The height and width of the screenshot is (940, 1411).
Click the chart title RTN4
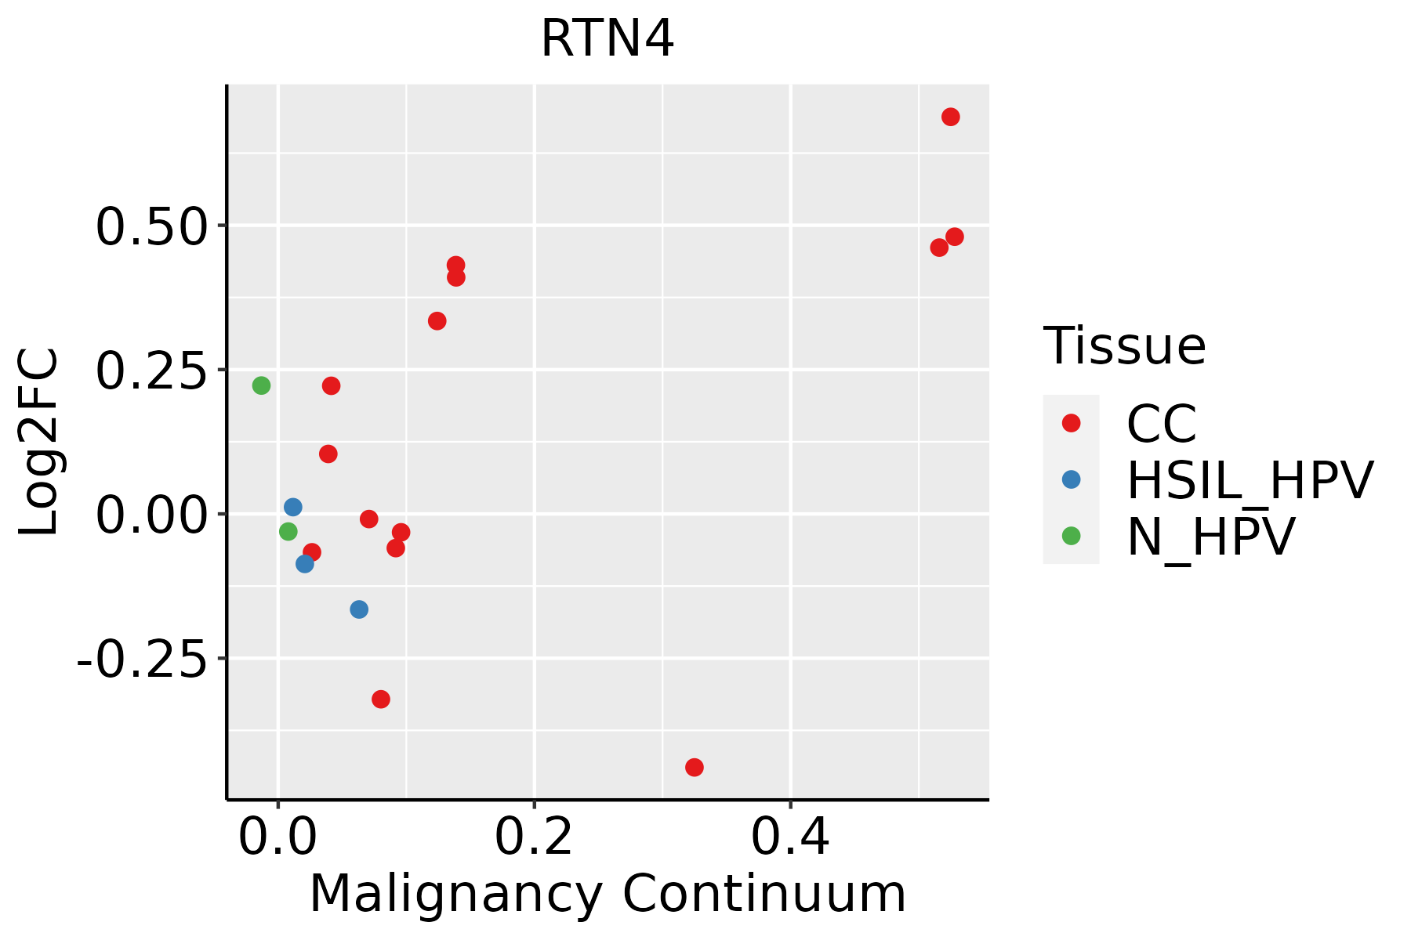click(608, 39)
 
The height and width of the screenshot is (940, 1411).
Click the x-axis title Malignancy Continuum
click(608, 894)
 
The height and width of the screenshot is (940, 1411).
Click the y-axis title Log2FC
click(38, 442)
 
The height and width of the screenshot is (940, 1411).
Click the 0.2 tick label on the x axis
click(534, 837)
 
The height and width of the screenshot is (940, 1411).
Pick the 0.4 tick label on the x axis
click(790, 837)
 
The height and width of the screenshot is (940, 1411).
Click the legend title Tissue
click(1124, 345)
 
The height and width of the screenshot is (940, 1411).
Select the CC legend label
click(1162, 424)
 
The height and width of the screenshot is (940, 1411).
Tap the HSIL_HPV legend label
click(1250, 480)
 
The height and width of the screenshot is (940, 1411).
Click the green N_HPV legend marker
click(1071, 536)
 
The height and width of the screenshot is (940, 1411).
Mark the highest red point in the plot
click(950, 117)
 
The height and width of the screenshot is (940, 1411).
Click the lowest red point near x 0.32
click(694, 767)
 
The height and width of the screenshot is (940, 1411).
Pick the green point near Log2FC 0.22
click(261, 385)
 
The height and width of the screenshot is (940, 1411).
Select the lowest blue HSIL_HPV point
click(359, 609)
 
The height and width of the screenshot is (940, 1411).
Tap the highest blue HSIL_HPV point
click(292, 507)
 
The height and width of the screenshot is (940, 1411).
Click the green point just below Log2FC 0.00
click(288, 532)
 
